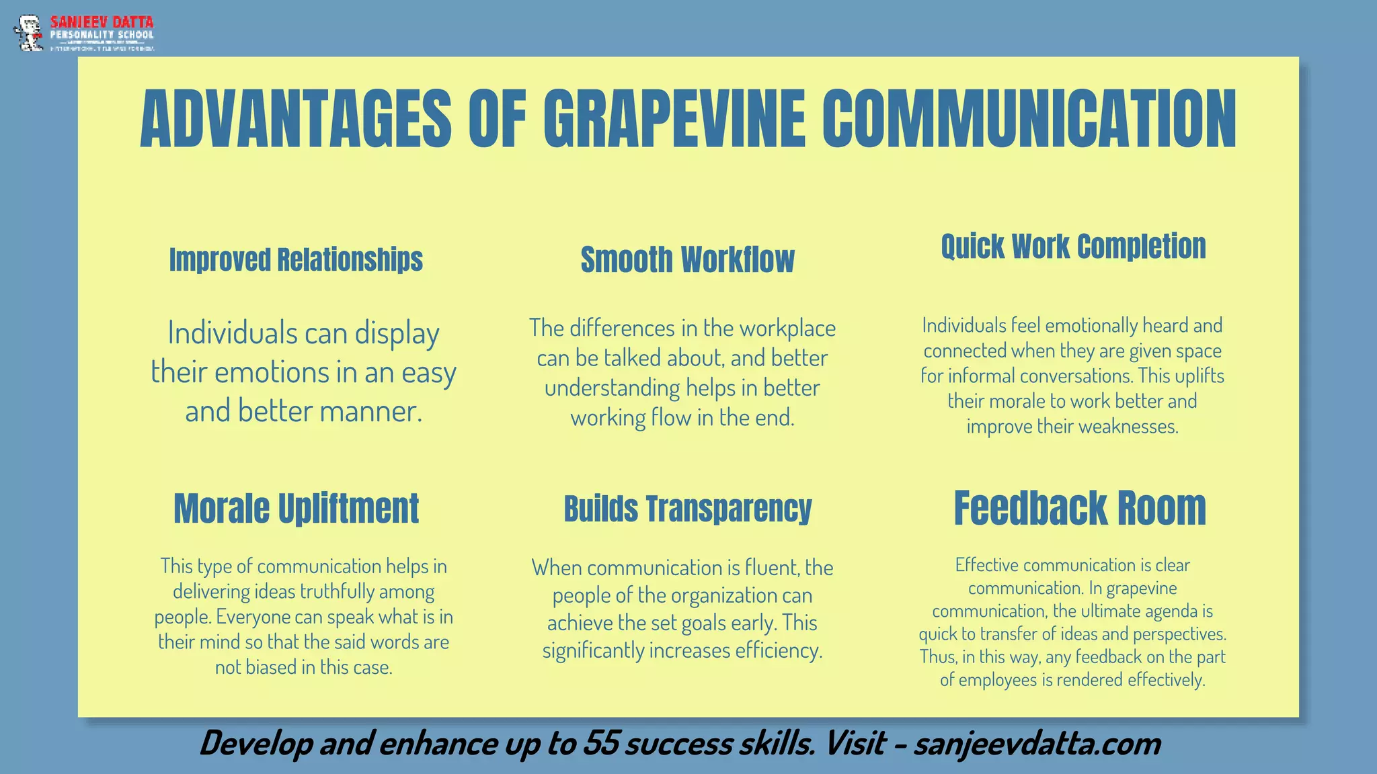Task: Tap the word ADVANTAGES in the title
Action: [x=296, y=120]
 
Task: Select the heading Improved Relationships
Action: [x=296, y=260]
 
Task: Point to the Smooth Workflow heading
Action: [x=687, y=260]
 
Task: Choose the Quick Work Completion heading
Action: [x=1073, y=247]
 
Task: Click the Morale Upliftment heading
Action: [x=296, y=509]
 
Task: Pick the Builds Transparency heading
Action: [x=687, y=509]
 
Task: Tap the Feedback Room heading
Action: [x=1080, y=508]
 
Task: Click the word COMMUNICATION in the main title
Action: [x=1029, y=120]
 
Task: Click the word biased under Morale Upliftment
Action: [x=279, y=668]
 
